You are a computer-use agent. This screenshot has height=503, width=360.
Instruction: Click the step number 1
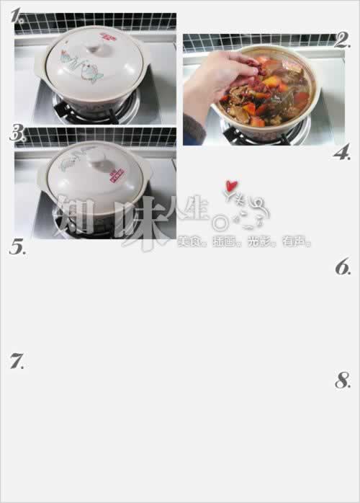coord(16,13)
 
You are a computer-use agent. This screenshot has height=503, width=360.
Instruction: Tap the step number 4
coord(341,152)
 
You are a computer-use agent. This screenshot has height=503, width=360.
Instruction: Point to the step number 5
coord(17,247)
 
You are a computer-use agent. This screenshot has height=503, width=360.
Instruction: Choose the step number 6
coord(343,267)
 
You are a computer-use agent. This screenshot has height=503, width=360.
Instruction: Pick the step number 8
coord(343,381)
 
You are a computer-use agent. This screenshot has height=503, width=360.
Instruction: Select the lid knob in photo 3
coord(94,153)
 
